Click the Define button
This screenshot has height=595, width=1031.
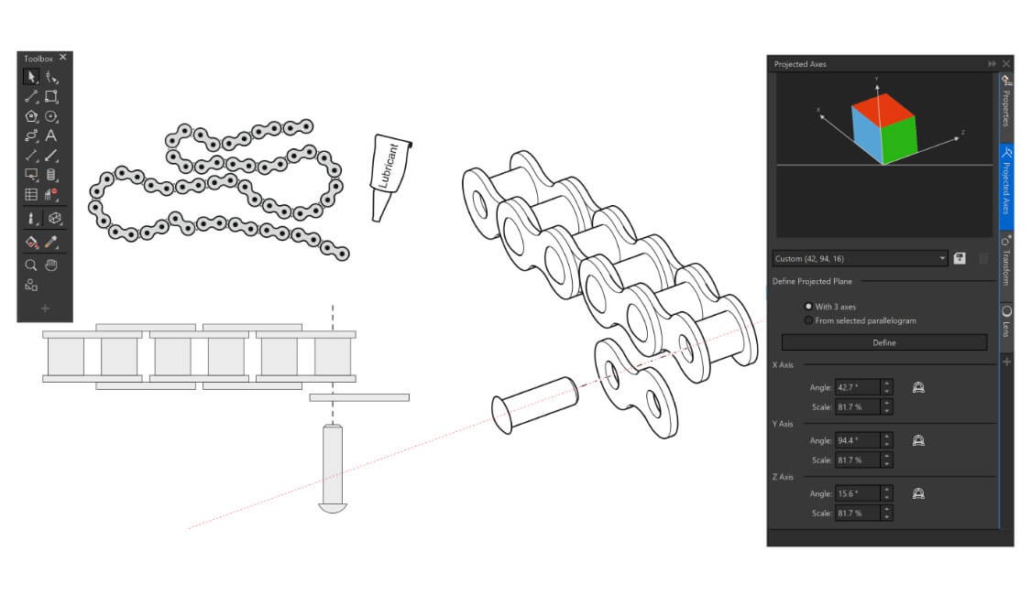[x=883, y=342]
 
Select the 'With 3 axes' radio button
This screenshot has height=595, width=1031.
[x=808, y=306]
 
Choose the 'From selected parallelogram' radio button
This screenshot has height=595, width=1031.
[x=808, y=320]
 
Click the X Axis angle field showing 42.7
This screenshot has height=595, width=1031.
[x=858, y=387]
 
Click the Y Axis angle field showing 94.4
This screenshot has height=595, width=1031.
[x=858, y=440]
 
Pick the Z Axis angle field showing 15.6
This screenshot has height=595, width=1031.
[x=858, y=494]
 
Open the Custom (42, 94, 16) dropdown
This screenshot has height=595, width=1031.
[x=860, y=258]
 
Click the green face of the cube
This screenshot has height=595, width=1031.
[x=899, y=140]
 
